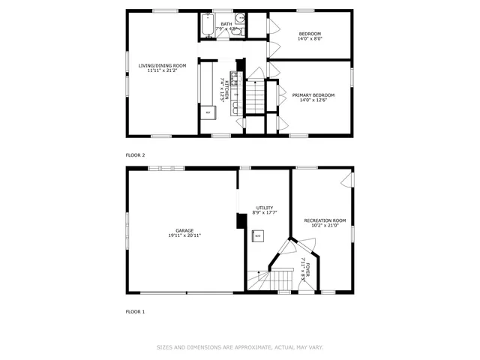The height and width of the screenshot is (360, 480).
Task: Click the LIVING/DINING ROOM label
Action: (x=162, y=66)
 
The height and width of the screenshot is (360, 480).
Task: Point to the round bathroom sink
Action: (x=238, y=19)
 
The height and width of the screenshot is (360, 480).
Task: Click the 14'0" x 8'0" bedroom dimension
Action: (x=310, y=41)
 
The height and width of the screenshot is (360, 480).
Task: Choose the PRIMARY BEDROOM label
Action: (x=313, y=95)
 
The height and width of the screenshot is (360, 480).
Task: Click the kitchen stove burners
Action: (x=233, y=76)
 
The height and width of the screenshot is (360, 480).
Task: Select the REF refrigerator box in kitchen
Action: (x=208, y=112)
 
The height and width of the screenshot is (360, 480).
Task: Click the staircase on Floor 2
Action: (x=256, y=95)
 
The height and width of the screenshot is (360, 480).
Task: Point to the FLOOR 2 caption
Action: (x=135, y=154)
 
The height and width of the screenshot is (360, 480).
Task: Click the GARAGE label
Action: (x=184, y=230)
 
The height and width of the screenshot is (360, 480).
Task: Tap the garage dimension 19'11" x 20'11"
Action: (x=184, y=236)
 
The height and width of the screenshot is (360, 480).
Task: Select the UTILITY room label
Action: (x=264, y=208)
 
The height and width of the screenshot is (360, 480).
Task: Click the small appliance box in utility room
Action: (x=257, y=235)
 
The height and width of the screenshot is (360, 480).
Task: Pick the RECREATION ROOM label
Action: (x=325, y=220)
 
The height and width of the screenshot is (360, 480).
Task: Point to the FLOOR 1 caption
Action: (x=135, y=310)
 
